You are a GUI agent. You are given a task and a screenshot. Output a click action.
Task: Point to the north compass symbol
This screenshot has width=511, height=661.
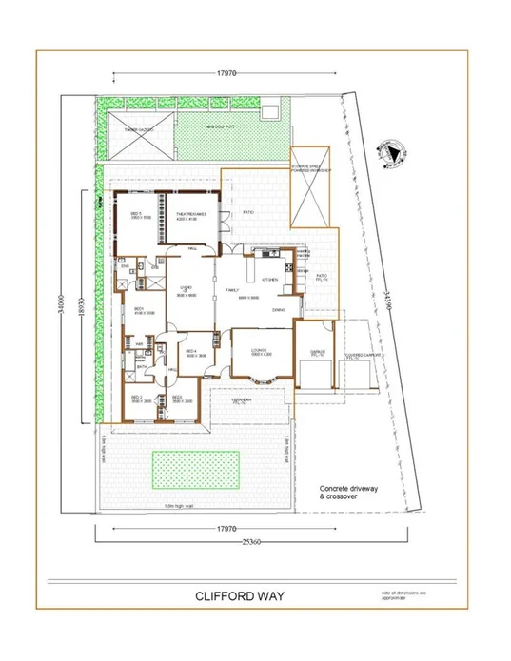pyautogui.click(x=389, y=152)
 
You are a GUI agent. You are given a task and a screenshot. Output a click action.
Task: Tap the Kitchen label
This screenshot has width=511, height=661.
pyautogui.click(x=271, y=280)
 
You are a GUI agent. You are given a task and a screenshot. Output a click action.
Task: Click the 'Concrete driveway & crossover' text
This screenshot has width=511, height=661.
pyautogui.click(x=353, y=494)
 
